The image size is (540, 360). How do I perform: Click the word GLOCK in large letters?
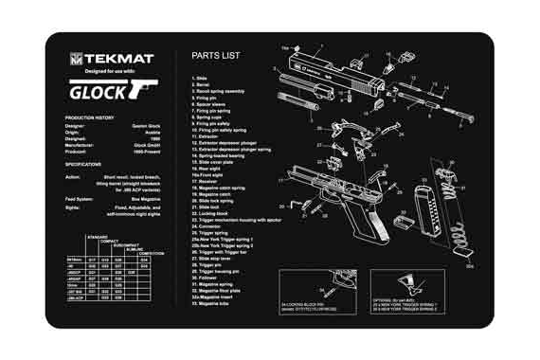tap(97, 92)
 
